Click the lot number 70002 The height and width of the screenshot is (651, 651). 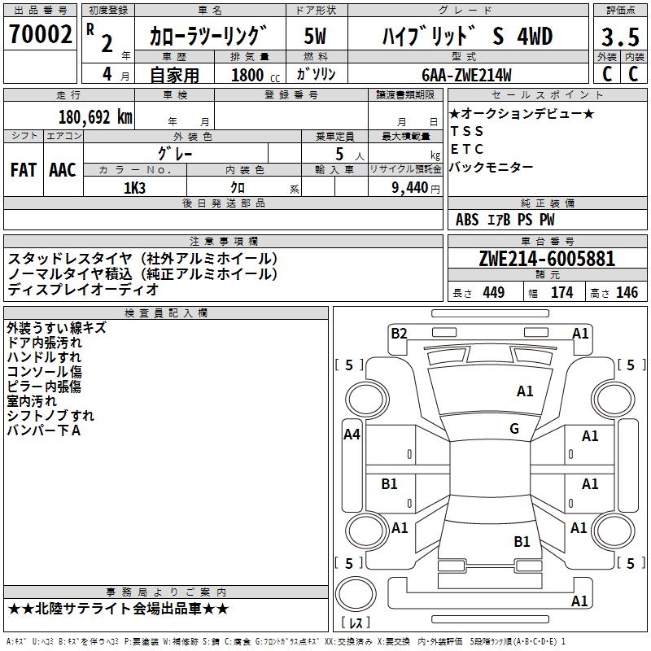pyautogui.click(x=40, y=36)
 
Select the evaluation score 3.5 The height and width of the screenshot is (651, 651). pyautogui.click(x=619, y=37)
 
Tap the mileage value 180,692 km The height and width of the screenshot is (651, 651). pyautogui.click(x=95, y=116)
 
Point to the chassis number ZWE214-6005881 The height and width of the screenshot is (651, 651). pyautogui.click(x=547, y=259)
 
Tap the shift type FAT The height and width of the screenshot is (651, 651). pyautogui.click(x=23, y=170)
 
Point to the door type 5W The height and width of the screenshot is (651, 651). pyautogui.click(x=316, y=37)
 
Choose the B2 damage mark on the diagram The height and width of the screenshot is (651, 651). pyautogui.click(x=399, y=332)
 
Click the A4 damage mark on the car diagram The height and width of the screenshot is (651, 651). pyautogui.click(x=352, y=435)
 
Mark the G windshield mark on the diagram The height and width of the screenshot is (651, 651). pyautogui.click(x=514, y=429)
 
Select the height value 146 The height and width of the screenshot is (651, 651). pyautogui.click(x=627, y=293)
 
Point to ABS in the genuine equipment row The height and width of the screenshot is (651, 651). pyautogui.click(x=467, y=219)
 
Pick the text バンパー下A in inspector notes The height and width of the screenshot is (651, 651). pyautogui.click(x=44, y=430)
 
